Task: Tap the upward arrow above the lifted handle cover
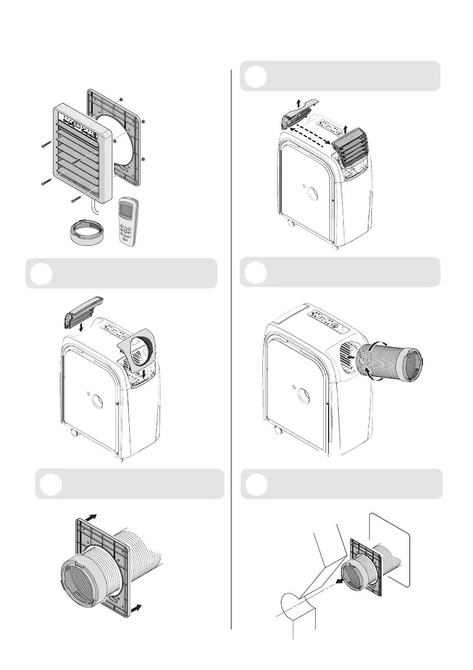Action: point(298,102)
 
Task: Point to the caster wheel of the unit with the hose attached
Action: point(277,432)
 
